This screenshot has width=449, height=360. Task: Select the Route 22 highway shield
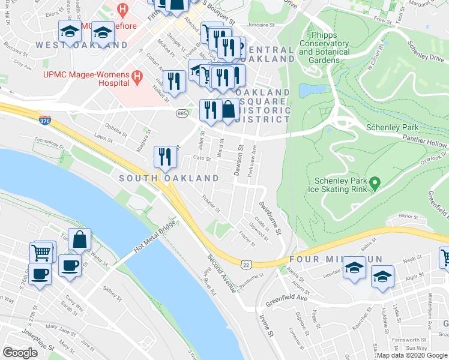[x=246, y=264]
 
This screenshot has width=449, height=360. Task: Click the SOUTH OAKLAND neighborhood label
[x=169, y=178]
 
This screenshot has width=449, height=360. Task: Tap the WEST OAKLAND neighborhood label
[x=81, y=45]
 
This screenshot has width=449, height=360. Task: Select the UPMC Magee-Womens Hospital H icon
[x=137, y=77]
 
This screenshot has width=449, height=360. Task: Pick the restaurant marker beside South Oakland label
[x=164, y=157]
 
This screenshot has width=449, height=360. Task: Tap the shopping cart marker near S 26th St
[x=42, y=253]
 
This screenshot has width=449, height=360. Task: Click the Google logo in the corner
[x=20, y=352]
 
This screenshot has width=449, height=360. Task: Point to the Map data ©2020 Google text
[x=411, y=355]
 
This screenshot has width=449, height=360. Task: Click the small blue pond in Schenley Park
[x=309, y=90]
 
